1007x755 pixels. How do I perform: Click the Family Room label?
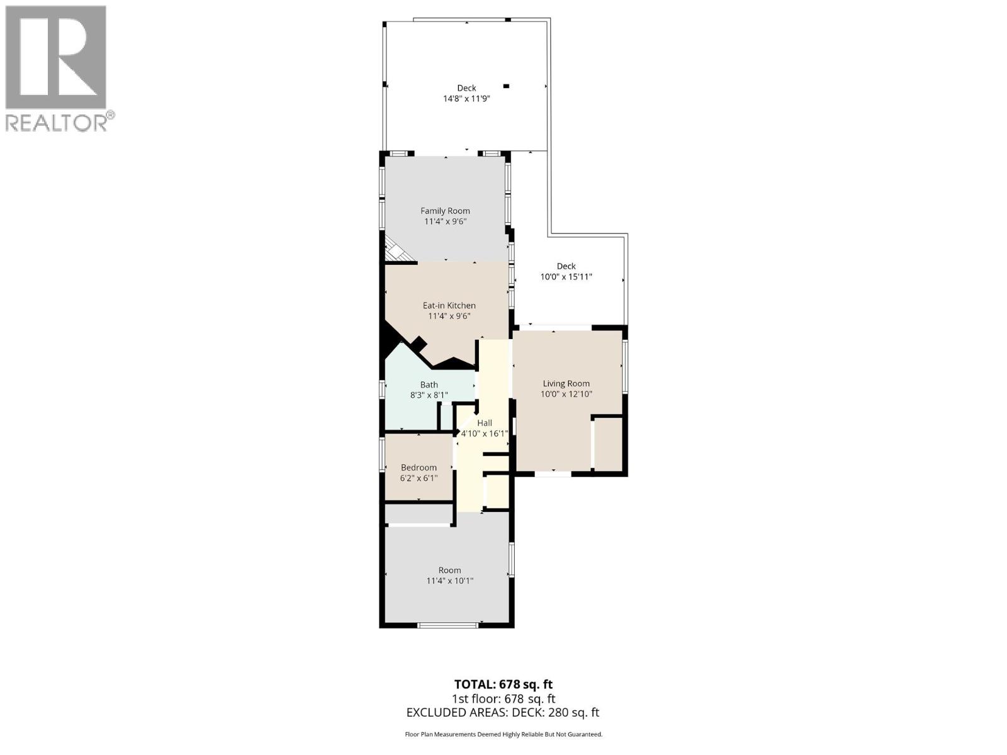point(445,211)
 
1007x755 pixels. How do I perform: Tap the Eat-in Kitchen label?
point(449,305)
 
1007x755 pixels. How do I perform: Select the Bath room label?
point(429,384)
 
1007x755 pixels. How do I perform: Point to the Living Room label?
point(566,383)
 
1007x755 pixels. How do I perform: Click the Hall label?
point(484,423)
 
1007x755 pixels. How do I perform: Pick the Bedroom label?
point(419,467)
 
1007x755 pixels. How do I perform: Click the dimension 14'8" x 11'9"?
point(466,99)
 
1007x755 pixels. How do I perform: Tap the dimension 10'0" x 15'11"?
point(566,277)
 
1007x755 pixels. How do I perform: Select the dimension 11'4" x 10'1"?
point(449,581)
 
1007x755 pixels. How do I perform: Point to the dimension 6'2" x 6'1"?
point(419,478)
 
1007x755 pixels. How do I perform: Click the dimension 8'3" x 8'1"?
point(429,395)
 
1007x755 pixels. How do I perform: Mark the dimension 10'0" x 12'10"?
point(566,394)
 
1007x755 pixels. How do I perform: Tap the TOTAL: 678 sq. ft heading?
point(503,684)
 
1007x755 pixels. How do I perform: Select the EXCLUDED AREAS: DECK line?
point(503,712)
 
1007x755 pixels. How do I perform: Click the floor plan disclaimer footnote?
point(503,734)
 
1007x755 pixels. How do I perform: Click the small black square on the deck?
point(506,86)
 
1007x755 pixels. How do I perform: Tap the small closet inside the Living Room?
point(608,443)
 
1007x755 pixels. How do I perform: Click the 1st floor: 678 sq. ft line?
point(503,698)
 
